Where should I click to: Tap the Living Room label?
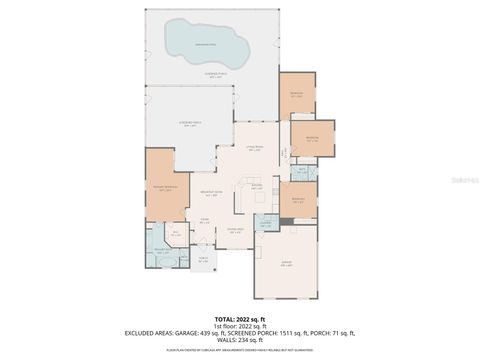[255, 148]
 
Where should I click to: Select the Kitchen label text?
[257, 186]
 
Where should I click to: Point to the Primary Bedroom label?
[165, 189]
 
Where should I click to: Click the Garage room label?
[286, 265]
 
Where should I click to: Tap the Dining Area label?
[234, 230]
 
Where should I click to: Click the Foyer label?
[204, 221]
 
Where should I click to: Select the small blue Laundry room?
[266, 224]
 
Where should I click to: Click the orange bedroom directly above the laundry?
[298, 199]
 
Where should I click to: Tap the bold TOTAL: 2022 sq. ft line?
[240, 317]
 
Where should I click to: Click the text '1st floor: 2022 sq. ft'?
[240, 325]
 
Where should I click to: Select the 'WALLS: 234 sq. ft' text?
[240, 339]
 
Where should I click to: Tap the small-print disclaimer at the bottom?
[240, 350]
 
